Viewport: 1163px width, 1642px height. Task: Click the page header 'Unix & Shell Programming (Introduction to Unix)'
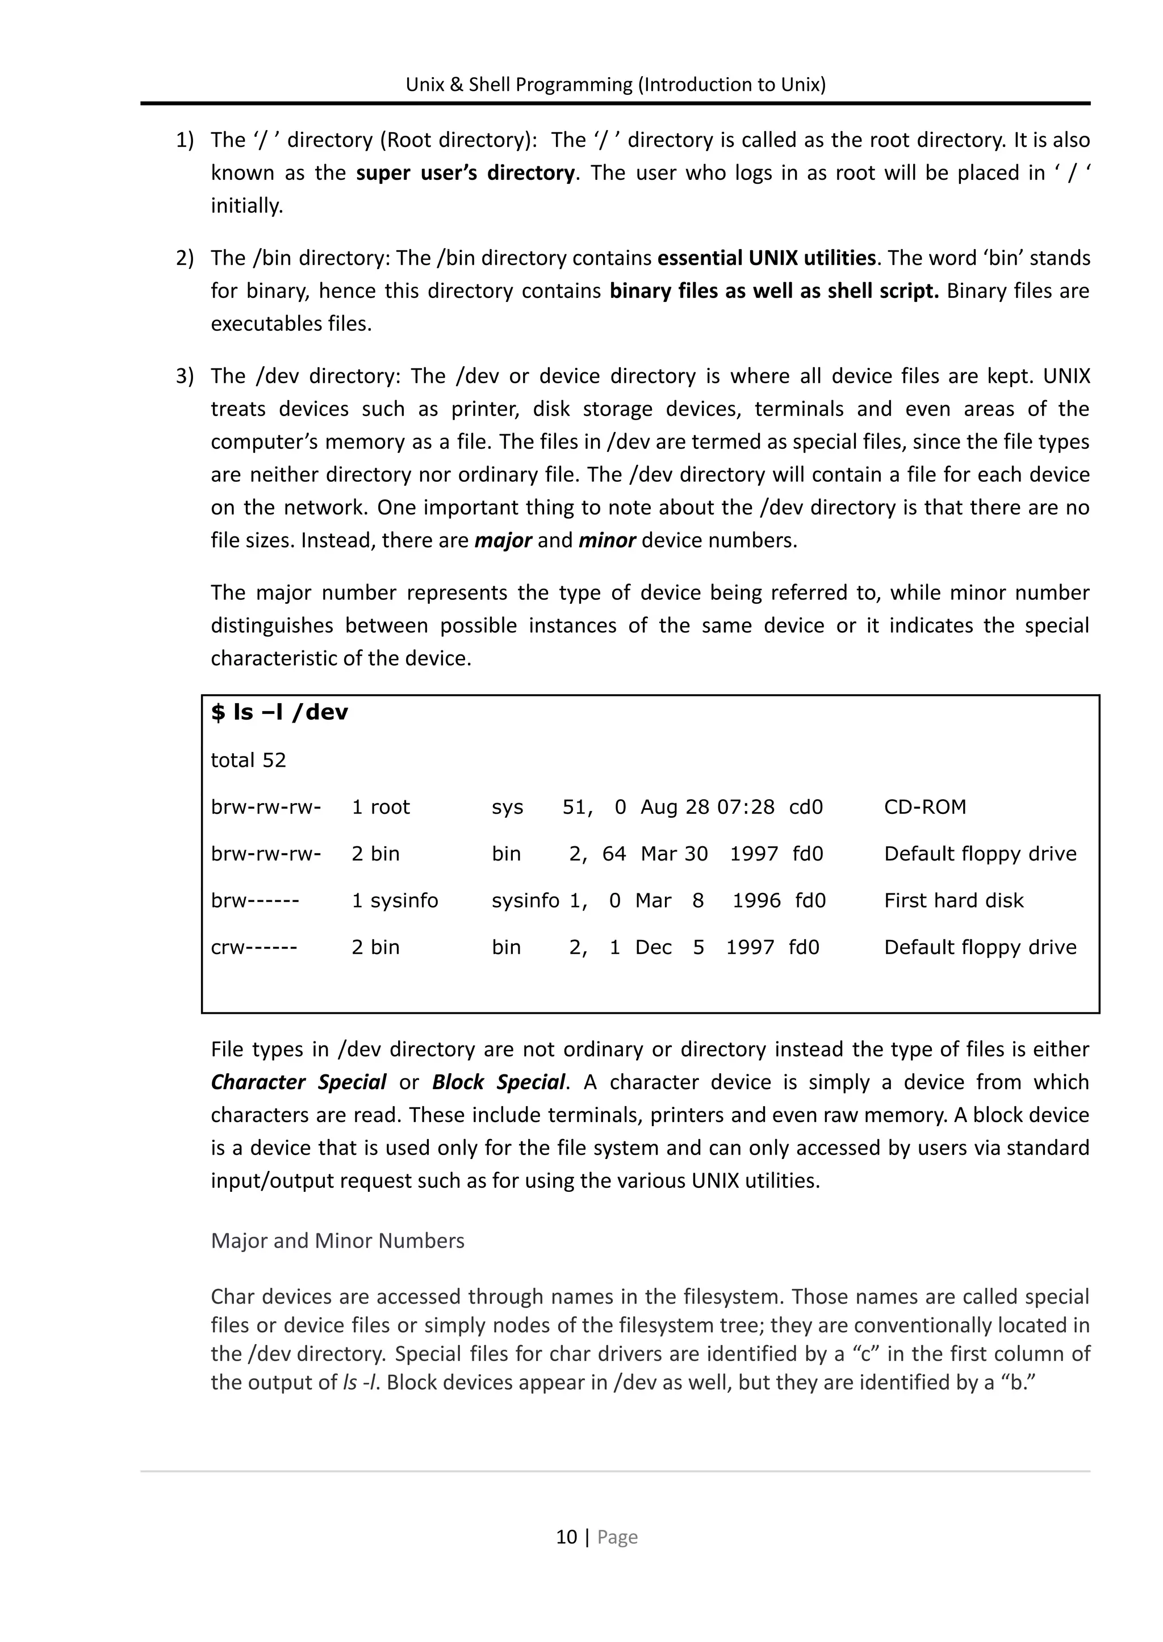click(x=615, y=85)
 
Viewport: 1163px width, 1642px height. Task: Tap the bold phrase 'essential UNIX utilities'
click(x=766, y=258)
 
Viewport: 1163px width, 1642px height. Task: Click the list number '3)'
click(x=185, y=376)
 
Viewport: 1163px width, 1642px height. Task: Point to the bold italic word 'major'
click(x=503, y=540)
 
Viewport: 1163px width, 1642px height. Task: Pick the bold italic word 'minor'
click(x=606, y=540)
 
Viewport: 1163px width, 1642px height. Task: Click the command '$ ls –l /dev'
click(x=279, y=712)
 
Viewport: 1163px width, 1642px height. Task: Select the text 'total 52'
click(x=248, y=760)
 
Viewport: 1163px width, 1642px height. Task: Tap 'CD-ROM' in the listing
click(x=924, y=808)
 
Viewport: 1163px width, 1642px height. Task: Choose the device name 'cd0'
click(x=806, y=808)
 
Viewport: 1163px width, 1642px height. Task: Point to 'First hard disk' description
click(x=953, y=900)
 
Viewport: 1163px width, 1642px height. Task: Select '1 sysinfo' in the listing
click(x=395, y=900)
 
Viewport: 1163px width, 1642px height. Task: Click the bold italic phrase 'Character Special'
click(x=298, y=1082)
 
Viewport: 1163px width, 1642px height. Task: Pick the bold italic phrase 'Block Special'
click(x=499, y=1082)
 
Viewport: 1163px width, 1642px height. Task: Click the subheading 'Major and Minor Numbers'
click(x=337, y=1241)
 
